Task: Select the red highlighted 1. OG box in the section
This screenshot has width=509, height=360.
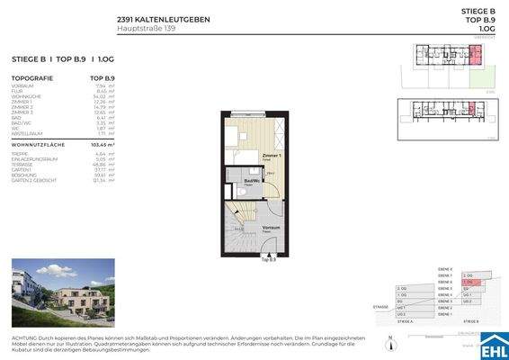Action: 467,281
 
